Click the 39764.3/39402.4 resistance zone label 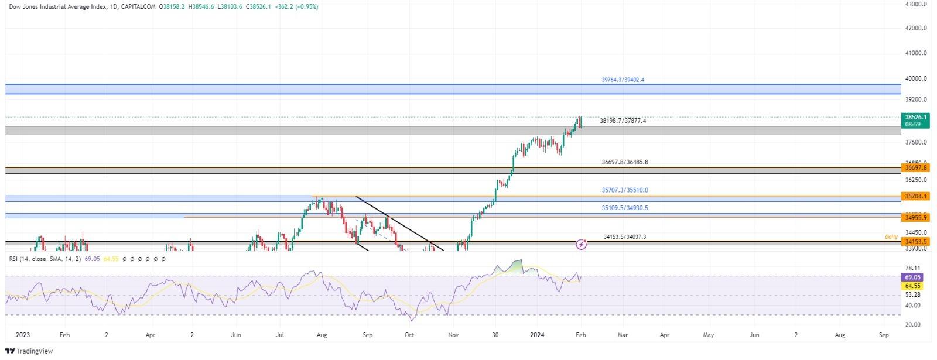point(623,80)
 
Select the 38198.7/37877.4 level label point(623,121)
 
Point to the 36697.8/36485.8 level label point(625,162)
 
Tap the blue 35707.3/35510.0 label point(625,190)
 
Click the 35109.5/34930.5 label point(625,208)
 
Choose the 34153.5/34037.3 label point(625,237)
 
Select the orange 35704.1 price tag point(915,197)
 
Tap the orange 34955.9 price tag point(915,217)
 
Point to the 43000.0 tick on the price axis point(915,4)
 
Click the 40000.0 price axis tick point(915,78)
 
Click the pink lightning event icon point(582,244)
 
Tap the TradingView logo point(29,351)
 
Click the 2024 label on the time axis point(538,335)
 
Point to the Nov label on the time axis point(453,335)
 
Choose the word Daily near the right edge point(891,237)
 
